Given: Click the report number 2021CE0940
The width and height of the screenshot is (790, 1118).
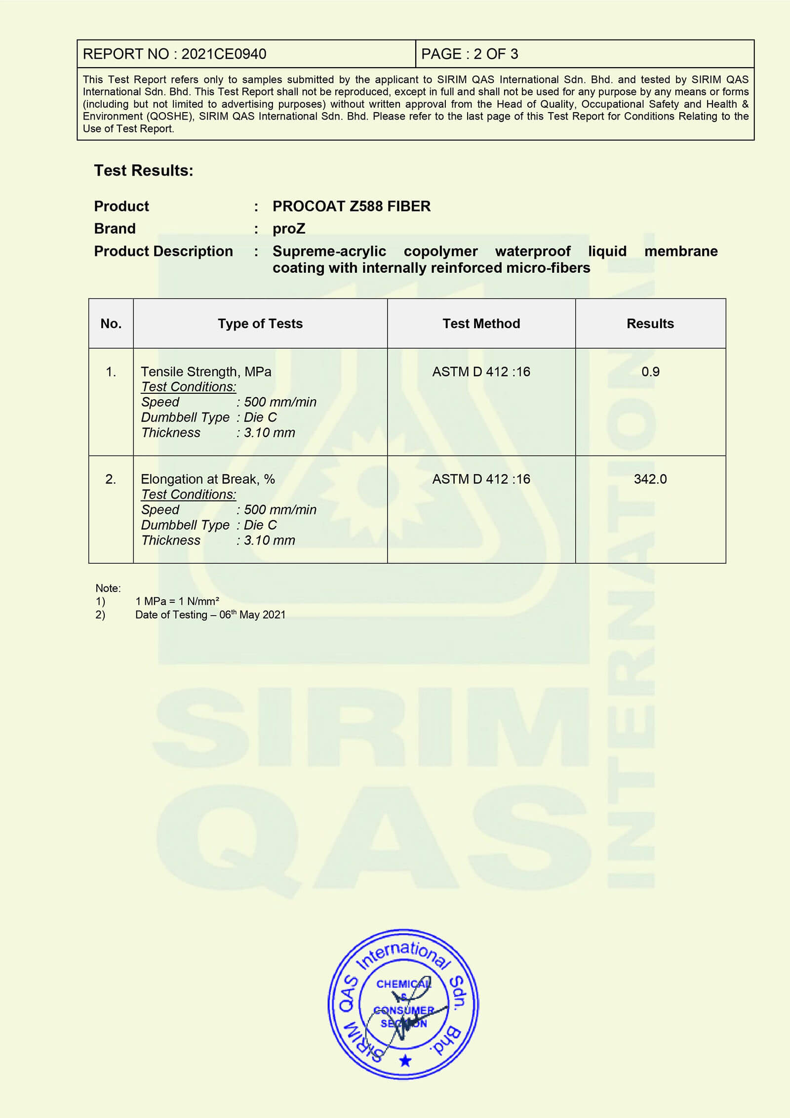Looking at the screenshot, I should coord(224,54).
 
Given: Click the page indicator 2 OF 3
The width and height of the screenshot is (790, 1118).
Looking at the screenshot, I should coord(495,54).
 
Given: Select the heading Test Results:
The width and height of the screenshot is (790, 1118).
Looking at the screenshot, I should coord(144,170).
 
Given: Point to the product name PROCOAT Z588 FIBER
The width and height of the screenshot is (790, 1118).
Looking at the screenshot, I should coord(351,206).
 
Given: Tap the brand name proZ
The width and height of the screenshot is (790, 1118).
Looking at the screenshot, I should coord(289,229).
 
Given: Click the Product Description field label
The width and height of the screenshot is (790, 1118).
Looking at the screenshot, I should coord(163,251).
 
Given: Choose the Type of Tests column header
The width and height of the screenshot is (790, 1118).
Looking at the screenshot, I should coord(260,324).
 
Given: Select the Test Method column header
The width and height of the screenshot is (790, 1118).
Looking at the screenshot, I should coord(481,324).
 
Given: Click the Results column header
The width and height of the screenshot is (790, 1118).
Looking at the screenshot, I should coord(650,324).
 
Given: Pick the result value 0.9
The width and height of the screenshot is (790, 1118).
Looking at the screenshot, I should coord(650,372).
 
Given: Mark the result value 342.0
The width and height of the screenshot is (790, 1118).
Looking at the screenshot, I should coord(650,479).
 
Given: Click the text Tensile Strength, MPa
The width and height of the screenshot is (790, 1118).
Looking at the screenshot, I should coord(206,372).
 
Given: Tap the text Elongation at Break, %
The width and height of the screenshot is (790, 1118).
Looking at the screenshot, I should coord(208,479).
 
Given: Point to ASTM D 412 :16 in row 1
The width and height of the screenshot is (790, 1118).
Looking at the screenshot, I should coord(481,372).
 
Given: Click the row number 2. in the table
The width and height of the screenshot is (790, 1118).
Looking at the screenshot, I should coord(111,479).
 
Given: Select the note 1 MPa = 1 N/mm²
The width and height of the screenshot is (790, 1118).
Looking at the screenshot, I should coord(177,601).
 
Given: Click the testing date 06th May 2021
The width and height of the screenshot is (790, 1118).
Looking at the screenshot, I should coord(252,615).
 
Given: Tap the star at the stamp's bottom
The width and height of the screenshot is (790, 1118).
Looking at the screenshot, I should coord(405,1061).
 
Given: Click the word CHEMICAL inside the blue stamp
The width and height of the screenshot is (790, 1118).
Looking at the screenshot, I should coord(402,984).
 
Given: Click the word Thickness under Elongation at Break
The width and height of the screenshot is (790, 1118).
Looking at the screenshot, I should coord(171,540).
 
